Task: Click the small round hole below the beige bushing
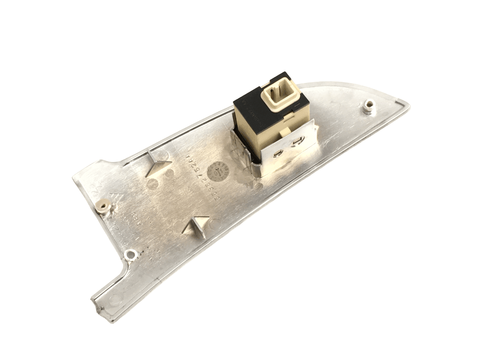131,255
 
